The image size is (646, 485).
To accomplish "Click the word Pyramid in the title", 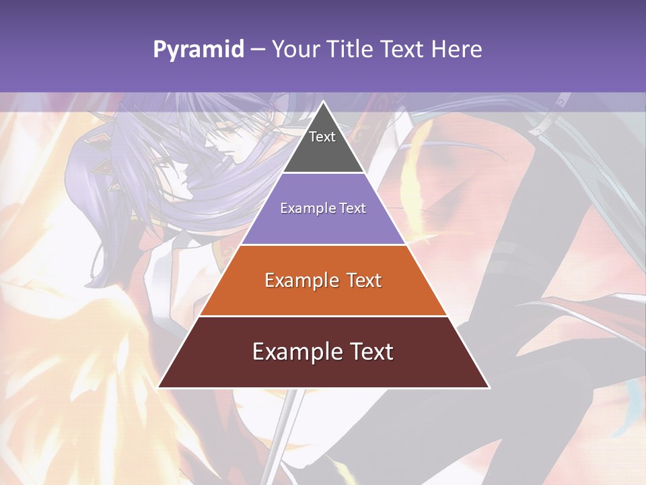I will point(198,50).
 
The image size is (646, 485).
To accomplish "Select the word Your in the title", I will point(294,50).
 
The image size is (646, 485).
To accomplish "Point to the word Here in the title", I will point(457,50).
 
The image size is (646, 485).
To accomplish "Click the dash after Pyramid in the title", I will point(257,50).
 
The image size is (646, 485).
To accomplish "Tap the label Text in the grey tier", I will point(322,137).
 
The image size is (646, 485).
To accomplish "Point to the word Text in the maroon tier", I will point(369,352).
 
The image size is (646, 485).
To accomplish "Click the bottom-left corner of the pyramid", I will point(159,387).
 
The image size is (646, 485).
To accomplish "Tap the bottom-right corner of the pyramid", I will point(489,387).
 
